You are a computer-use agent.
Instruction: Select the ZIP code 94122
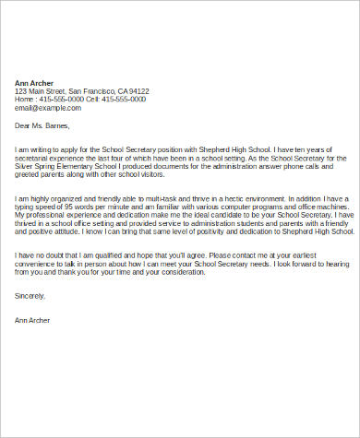point(138,91)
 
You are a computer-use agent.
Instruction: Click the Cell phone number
point(125,100)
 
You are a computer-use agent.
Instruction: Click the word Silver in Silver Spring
point(27,157)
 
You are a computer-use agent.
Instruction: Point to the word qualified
point(111,255)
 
